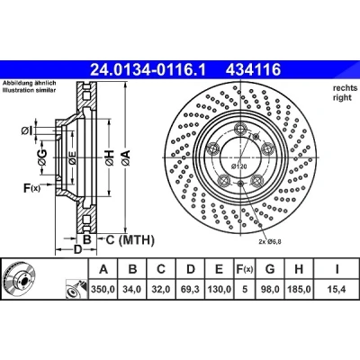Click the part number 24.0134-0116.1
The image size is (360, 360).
(x=148, y=70)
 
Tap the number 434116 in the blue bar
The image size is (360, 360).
(x=253, y=70)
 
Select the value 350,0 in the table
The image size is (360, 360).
(x=103, y=290)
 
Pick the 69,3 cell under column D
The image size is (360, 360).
(x=191, y=290)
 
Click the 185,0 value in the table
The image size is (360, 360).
(x=299, y=290)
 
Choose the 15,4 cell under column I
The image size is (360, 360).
(x=337, y=290)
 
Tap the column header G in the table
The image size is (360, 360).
(x=270, y=269)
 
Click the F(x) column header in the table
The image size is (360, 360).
(x=245, y=269)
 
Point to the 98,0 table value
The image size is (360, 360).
(x=270, y=290)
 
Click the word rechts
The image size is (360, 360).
(x=346, y=88)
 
